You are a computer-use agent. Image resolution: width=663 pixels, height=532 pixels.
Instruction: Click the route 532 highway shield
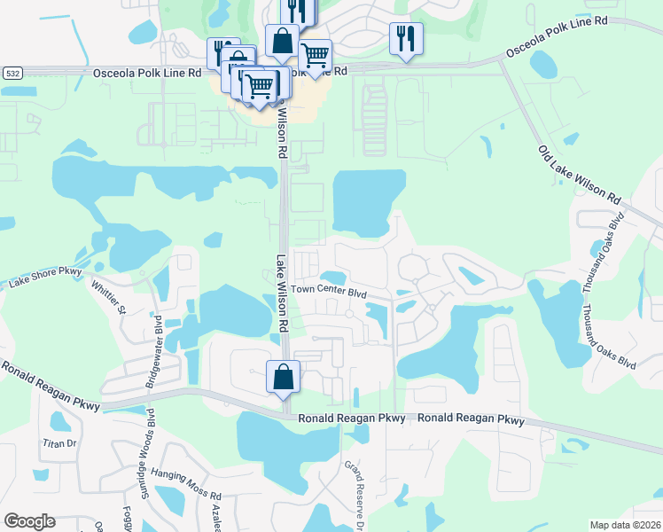pos(12,73)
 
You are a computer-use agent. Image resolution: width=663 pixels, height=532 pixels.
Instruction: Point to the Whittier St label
pos(110,297)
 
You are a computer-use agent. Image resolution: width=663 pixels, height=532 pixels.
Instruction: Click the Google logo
pos(29,520)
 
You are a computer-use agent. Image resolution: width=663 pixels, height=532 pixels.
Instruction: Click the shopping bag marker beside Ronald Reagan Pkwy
pos(282,376)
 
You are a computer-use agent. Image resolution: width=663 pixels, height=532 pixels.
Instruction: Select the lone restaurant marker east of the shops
pos(406,38)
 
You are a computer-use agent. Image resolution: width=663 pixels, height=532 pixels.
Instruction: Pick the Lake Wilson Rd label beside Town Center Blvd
pos(282,293)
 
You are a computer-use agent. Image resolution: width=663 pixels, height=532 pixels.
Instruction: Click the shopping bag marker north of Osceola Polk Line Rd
pos(281,41)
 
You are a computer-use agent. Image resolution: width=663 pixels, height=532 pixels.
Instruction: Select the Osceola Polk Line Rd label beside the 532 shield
pos(147,73)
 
